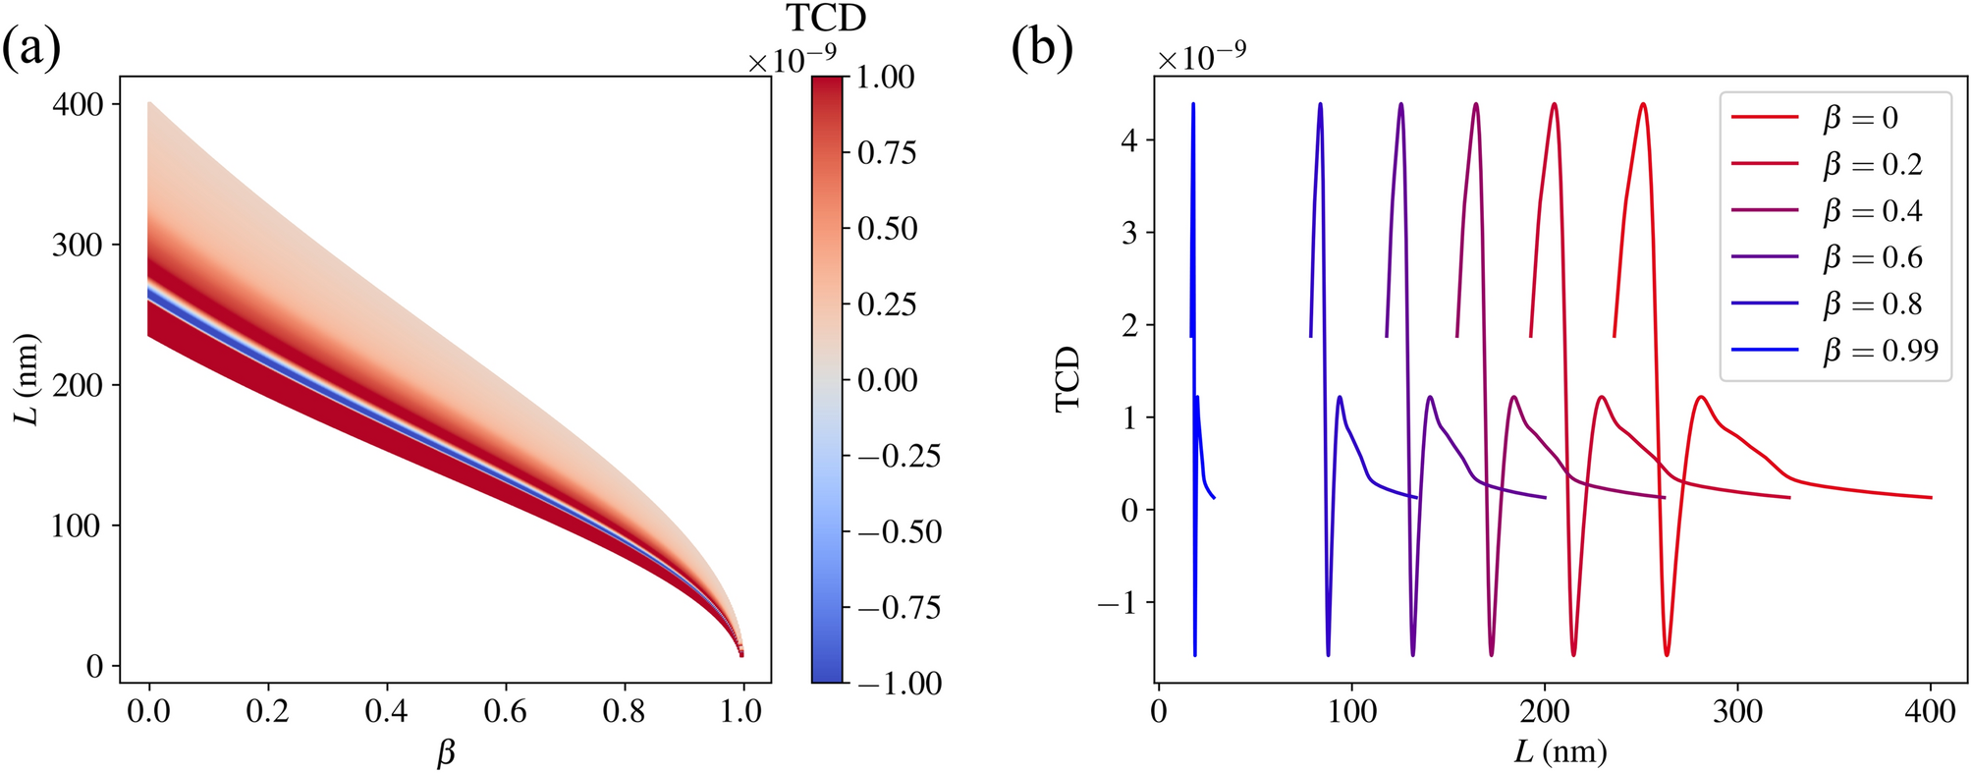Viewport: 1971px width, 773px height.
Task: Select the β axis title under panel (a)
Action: tap(446, 753)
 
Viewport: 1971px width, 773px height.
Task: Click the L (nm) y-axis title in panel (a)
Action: tap(29, 379)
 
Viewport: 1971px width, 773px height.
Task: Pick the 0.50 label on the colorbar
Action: tap(887, 228)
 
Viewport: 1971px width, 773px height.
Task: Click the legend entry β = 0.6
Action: tap(1872, 257)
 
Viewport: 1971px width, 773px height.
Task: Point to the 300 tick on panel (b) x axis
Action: tap(1737, 710)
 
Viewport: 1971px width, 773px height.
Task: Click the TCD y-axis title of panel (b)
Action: tap(1068, 379)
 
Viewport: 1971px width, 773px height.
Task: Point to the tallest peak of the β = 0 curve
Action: tap(1643, 103)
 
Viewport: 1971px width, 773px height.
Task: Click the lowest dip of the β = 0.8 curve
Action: tap(1328, 655)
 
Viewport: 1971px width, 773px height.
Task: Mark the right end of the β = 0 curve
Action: tap(1931, 498)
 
